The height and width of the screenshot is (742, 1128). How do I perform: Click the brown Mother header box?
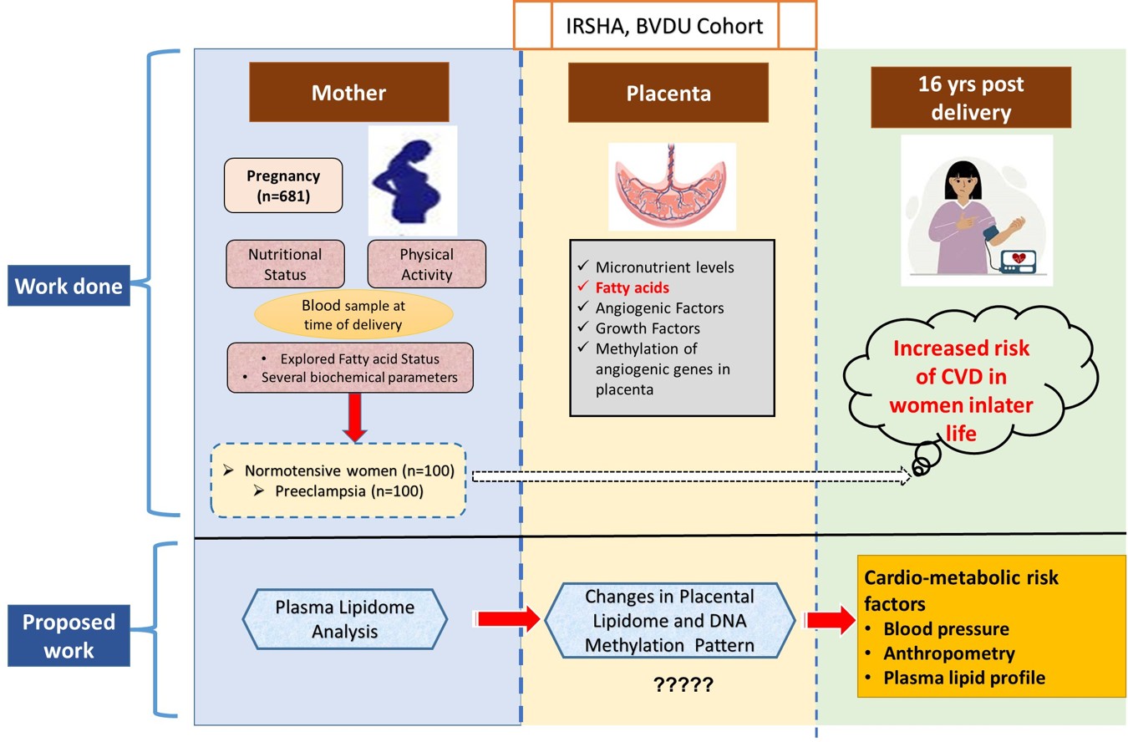[x=348, y=93]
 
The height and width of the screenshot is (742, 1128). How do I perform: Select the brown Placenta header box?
[x=668, y=93]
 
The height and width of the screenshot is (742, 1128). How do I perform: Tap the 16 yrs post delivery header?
[x=970, y=97]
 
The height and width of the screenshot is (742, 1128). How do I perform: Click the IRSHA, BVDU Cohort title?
[x=665, y=27]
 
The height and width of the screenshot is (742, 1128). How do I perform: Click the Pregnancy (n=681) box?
[x=282, y=185]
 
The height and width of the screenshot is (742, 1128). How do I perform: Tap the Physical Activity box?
[x=426, y=263]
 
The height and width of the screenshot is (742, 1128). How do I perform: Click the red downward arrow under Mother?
[x=354, y=418]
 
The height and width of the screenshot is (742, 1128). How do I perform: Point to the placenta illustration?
[x=672, y=185]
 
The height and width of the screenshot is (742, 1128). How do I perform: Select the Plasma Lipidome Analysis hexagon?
[x=345, y=620]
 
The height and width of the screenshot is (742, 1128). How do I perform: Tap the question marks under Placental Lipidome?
[x=683, y=686]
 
